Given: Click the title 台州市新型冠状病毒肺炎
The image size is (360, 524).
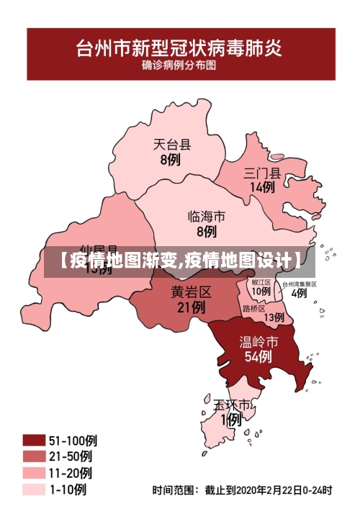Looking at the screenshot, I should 180,49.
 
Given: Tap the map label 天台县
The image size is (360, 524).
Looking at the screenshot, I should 172,144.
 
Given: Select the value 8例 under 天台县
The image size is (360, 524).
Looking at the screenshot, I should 171,160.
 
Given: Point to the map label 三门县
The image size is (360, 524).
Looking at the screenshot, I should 262,172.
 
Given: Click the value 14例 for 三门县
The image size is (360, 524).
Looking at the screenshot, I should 262,187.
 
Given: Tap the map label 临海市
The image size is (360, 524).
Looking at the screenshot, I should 206,216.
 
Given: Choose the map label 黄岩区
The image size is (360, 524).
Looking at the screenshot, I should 191,292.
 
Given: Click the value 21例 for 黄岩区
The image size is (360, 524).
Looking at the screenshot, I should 191,307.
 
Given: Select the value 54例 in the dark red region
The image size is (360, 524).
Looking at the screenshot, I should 258,356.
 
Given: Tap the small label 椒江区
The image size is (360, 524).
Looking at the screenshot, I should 261,283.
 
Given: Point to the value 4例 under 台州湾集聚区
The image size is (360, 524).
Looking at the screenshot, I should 299,293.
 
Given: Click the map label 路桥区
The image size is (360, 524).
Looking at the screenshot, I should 254,308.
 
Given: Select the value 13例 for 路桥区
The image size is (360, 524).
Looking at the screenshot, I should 274,317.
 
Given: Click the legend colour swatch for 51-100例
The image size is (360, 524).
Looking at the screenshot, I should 33,440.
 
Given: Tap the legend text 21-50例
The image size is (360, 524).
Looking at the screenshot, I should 71,456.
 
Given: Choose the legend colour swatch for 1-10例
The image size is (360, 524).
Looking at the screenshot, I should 33,489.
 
